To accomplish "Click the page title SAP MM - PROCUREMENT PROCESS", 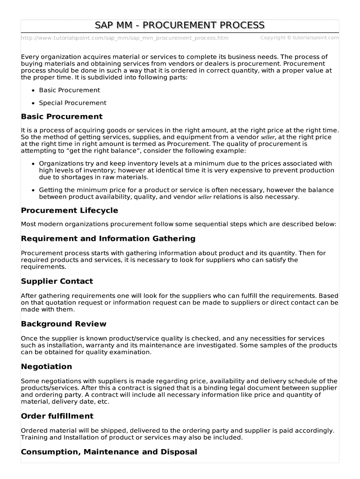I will click(x=180, y=25).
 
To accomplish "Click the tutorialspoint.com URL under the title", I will click(x=124, y=38).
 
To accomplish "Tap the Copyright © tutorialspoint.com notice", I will click(x=299, y=37).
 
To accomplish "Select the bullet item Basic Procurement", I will click(x=69, y=90).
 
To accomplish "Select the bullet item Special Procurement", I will click(x=72, y=103).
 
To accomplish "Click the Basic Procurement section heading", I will click(x=62, y=116).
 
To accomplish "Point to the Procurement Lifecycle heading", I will click(x=69, y=210).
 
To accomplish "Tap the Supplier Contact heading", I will click(x=57, y=281).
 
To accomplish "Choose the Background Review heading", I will click(x=64, y=324).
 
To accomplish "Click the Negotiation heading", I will click(x=46, y=366).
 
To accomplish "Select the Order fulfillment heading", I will click(x=57, y=416).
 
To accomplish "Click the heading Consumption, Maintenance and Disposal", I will click(x=109, y=452).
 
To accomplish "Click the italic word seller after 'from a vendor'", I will click(x=268, y=138).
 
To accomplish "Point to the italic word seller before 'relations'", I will click(x=205, y=197).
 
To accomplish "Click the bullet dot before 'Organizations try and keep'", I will click(x=33, y=164).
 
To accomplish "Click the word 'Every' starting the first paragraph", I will click(x=30, y=57).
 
